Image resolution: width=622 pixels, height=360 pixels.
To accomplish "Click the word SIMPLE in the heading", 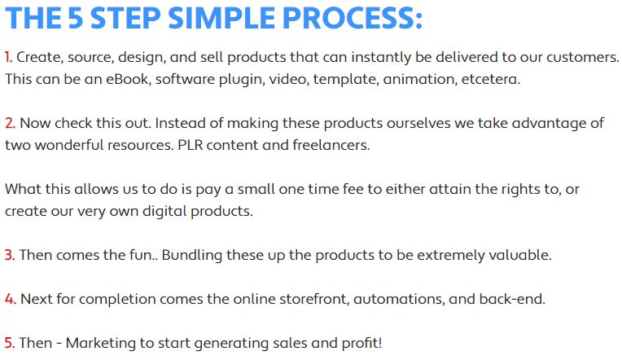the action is (221, 18).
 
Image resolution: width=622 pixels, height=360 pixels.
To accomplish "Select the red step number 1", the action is (8, 57).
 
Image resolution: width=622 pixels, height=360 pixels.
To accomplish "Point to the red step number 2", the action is (10, 123).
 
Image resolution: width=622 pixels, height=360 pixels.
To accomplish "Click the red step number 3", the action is (10, 255).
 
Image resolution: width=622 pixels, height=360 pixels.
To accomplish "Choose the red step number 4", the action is (11, 299).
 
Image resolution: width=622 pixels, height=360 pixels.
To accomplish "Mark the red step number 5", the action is (10, 343).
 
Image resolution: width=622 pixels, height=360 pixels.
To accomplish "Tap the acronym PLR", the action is (190, 145).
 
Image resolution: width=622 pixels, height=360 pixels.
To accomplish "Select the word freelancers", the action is (331, 145).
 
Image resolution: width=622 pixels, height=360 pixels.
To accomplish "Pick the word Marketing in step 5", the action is (101, 344).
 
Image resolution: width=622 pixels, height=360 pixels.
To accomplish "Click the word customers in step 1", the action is (582, 58).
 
